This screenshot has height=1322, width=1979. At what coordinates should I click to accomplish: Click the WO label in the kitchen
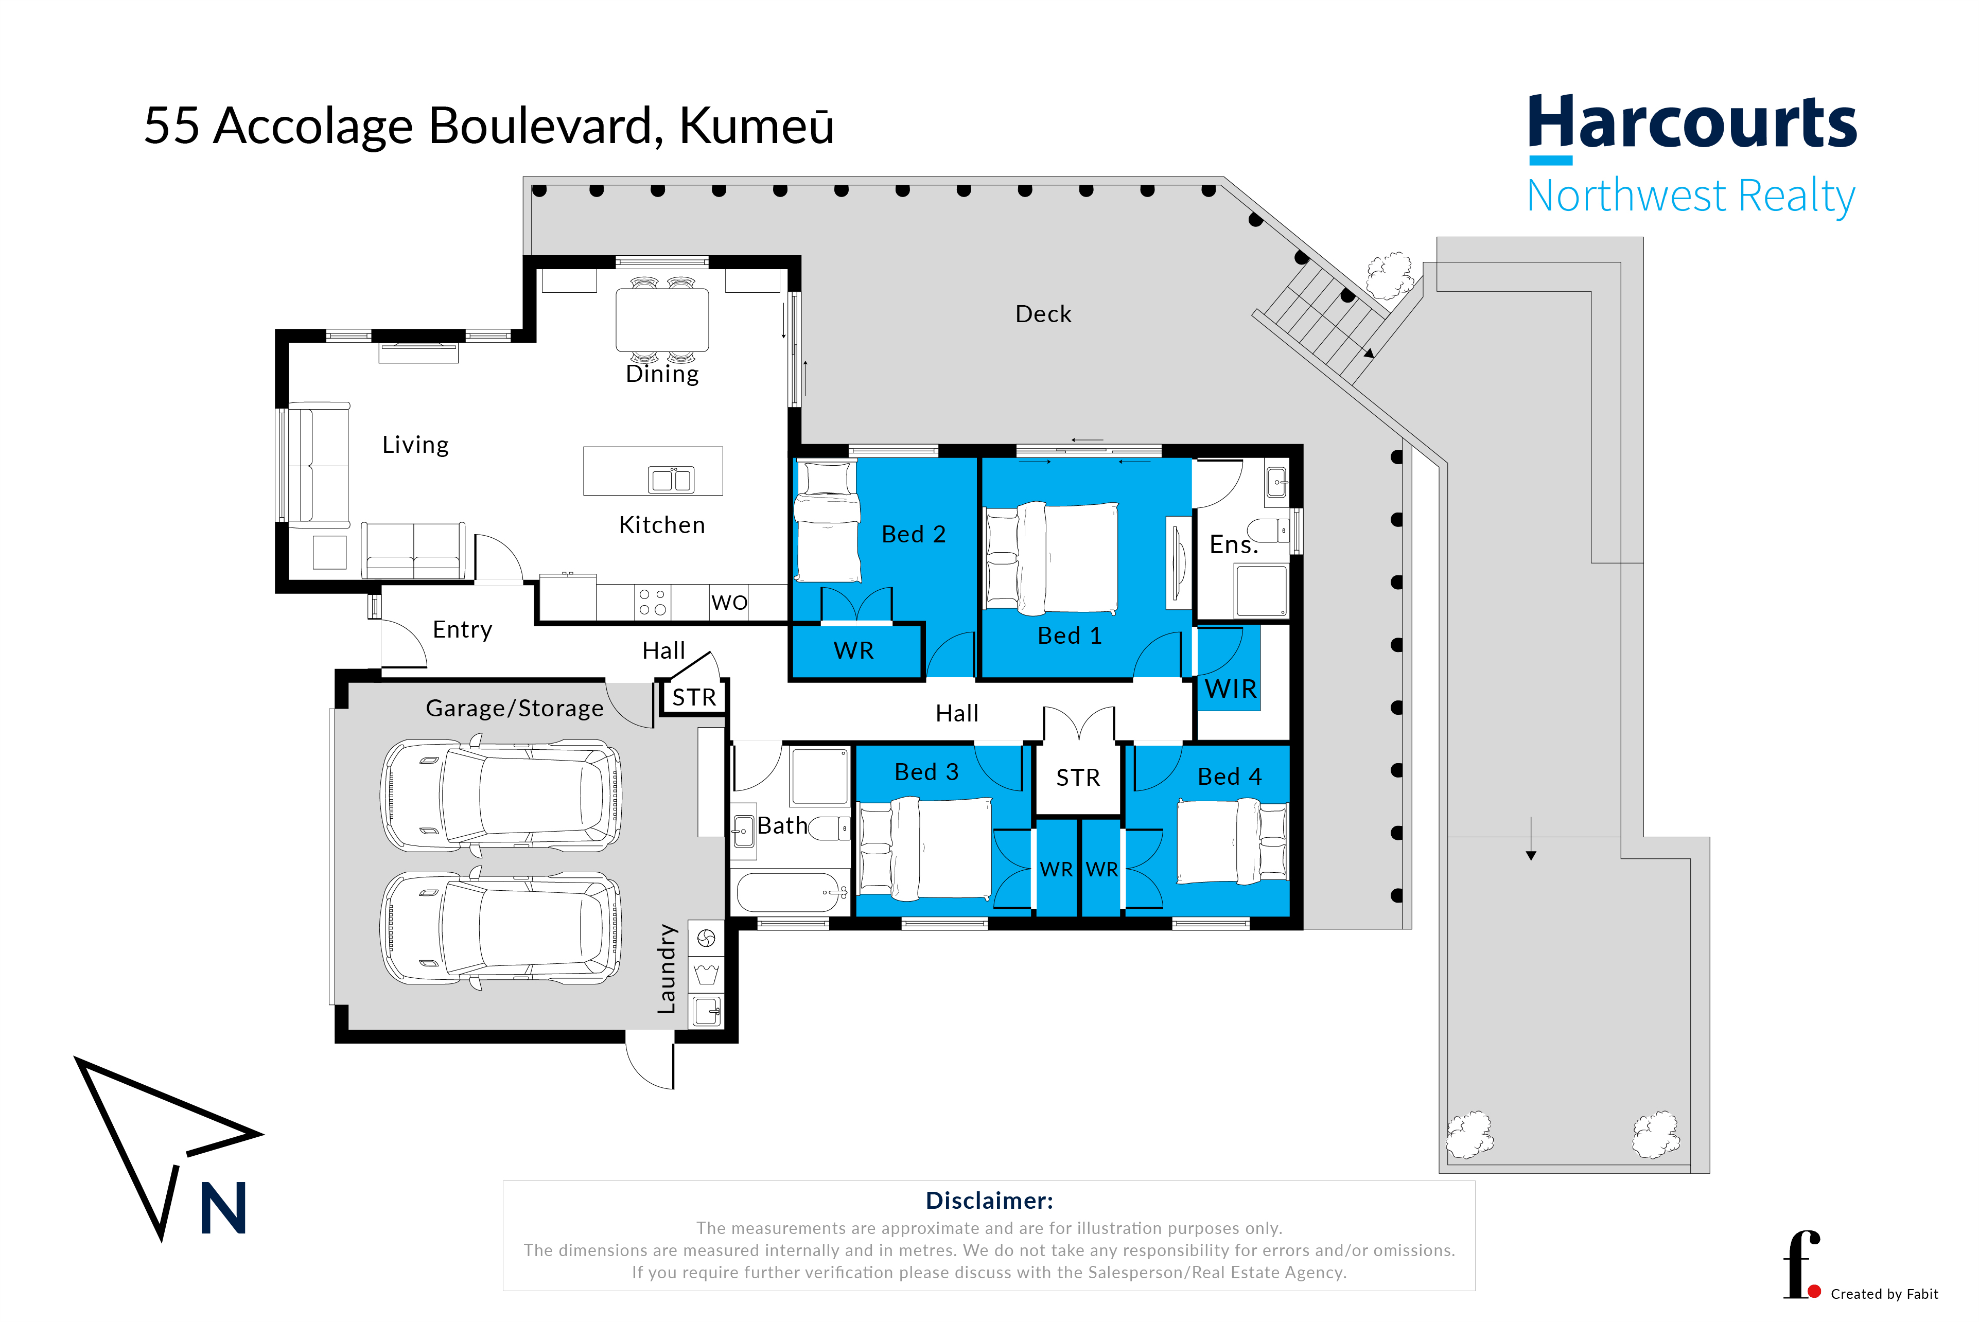tap(729, 603)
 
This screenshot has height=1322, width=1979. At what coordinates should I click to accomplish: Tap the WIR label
tap(1230, 690)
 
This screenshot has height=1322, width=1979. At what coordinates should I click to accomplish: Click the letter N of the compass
tap(223, 1207)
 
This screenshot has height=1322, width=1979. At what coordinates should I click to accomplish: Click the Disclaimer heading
tap(989, 1201)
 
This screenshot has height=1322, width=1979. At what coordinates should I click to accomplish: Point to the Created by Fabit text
tap(1885, 1294)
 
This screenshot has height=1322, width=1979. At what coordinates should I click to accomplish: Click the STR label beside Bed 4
tap(1078, 778)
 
